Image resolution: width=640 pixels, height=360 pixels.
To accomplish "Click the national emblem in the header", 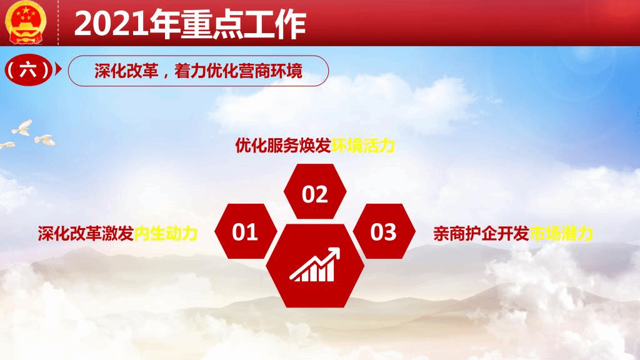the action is coord(25,22).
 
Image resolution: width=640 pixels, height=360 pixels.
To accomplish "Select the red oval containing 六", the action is coord(27,70).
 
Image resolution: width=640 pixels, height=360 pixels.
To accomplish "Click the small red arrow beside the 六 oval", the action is coord(58,69).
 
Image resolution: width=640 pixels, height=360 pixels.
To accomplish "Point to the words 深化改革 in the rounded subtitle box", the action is coord(126,71).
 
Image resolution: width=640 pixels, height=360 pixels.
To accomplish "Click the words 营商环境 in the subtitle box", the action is coord(271,71).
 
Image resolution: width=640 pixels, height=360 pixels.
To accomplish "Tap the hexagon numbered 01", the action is coord(246,231).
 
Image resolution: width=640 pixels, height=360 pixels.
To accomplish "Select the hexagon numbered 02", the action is coord(315,192).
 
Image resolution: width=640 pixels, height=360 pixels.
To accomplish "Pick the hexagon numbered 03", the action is coord(384,231).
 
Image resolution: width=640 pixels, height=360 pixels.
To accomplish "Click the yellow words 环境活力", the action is coord(363,146).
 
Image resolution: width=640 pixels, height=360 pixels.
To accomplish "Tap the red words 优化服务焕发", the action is coord(283,146).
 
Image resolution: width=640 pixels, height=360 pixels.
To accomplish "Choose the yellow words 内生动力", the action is coord(166,234).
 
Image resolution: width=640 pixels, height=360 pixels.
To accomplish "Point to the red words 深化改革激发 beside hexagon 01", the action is coord(86,234).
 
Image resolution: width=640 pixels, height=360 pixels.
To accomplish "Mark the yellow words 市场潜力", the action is coord(561,234).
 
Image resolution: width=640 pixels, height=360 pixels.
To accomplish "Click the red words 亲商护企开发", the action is coord(482,234).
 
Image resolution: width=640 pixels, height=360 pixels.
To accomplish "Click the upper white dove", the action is coord(23,127).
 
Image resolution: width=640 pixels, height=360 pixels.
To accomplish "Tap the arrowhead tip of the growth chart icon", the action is coord(339,248).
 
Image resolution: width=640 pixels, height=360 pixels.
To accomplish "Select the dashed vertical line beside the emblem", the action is coord(58,22).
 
